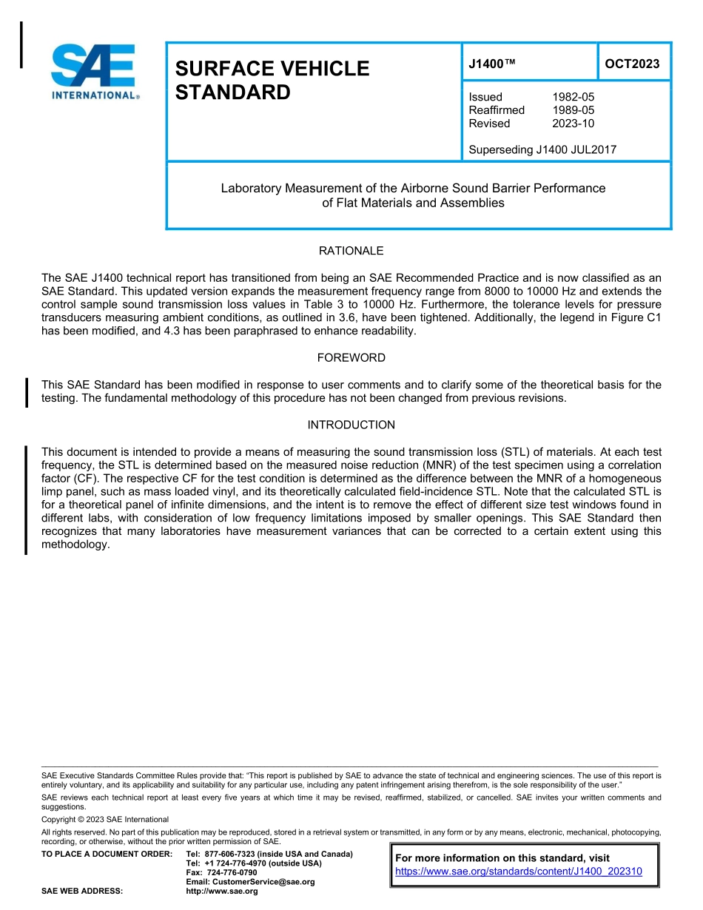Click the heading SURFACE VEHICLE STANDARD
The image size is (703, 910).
(272, 81)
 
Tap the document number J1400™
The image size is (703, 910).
(491, 64)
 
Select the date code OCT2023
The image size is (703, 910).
(632, 64)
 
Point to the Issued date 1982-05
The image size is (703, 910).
(573, 97)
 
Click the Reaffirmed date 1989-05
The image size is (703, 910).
(573, 110)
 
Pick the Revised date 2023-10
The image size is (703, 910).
(573, 124)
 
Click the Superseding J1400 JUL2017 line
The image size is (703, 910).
(542, 149)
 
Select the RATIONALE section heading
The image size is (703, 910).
(351, 251)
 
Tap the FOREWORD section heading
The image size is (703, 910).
(351, 358)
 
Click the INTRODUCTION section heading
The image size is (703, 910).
(351, 425)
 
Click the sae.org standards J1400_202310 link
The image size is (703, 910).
(519, 872)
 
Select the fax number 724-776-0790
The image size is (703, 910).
(232, 873)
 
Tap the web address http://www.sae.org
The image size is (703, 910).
(222, 892)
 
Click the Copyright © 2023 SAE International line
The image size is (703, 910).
(105, 819)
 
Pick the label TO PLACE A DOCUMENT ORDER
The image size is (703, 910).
(107, 855)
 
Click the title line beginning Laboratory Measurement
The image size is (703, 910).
(413, 188)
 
